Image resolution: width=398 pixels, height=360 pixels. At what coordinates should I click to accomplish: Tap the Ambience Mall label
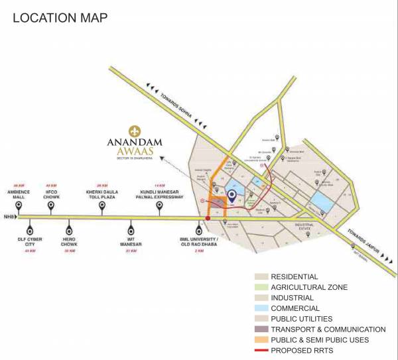pyautogui.click(x=19, y=193)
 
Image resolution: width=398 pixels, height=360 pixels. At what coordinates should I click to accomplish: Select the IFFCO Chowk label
pyautogui.click(x=50, y=193)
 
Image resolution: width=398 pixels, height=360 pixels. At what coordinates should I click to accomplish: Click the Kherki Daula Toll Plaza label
pyautogui.click(x=102, y=193)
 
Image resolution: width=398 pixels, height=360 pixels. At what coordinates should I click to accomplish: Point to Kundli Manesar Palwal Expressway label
pyautogui.click(x=159, y=193)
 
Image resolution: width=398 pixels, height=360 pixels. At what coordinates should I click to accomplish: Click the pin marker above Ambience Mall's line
pyautogui.click(x=19, y=206)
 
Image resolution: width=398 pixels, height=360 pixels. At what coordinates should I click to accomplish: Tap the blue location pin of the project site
pyautogui.click(x=232, y=196)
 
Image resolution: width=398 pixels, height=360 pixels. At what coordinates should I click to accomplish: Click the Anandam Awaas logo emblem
pyautogui.click(x=135, y=131)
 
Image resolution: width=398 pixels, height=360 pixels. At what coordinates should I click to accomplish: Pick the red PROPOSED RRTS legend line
pyautogui.click(x=262, y=350)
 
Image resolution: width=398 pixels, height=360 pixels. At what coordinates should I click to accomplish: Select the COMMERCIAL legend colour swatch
pyautogui.click(x=262, y=308)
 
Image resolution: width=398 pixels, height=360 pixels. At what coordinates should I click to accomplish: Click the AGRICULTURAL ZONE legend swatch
pyautogui.click(x=262, y=287)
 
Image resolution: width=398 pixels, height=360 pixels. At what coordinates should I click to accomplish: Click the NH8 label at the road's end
pyautogui.click(x=8, y=216)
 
